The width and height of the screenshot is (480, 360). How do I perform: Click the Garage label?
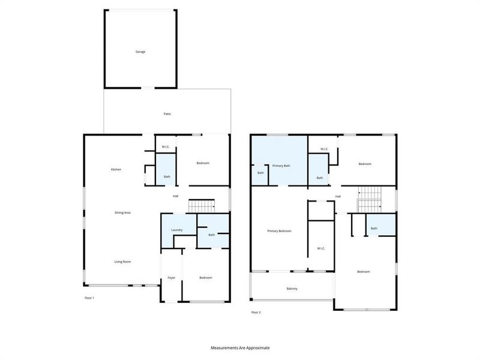(x=140, y=52)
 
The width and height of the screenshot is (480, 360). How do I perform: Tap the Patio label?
(x=167, y=113)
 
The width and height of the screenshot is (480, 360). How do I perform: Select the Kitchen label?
(x=116, y=169)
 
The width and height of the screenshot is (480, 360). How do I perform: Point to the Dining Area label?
(x=123, y=212)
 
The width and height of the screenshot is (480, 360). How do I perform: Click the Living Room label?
(x=123, y=262)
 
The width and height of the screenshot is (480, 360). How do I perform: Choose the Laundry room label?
(x=176, y=230)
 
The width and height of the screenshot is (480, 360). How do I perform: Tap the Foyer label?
(x=171, y=277)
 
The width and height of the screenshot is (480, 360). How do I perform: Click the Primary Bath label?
(x=281, y=165)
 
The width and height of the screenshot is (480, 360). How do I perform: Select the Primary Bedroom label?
(x=279, y=230)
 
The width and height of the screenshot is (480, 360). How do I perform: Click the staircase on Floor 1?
(x=202, y=206)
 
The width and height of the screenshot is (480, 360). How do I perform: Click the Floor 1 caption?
(x=89, y=298)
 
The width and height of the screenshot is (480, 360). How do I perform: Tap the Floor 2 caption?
(x=256, y=312)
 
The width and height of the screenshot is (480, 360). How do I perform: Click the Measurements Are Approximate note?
(x=240, y=347)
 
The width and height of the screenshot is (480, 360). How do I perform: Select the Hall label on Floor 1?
(x=176, y=196)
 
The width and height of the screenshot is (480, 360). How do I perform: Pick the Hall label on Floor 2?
(x=338, y=196)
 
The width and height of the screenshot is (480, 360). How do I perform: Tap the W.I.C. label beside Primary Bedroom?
(x=320, y=248)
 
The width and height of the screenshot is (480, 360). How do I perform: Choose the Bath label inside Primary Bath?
(x=260, y=173)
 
